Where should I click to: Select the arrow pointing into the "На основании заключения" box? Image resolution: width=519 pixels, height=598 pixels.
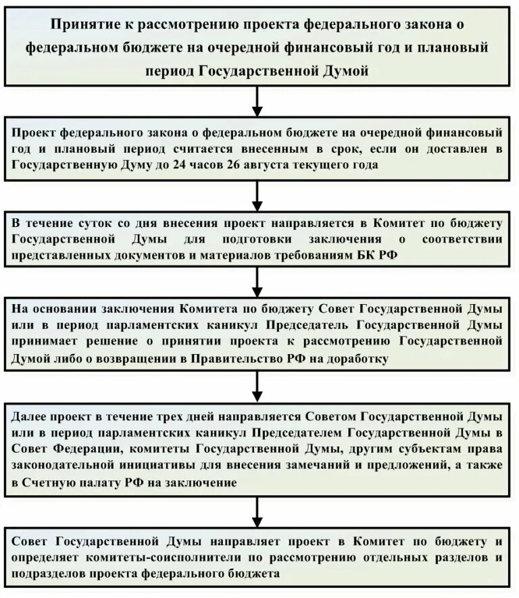click(x=257, y=280)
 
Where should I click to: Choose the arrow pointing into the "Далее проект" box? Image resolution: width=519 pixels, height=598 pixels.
click(x=257, y=387)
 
